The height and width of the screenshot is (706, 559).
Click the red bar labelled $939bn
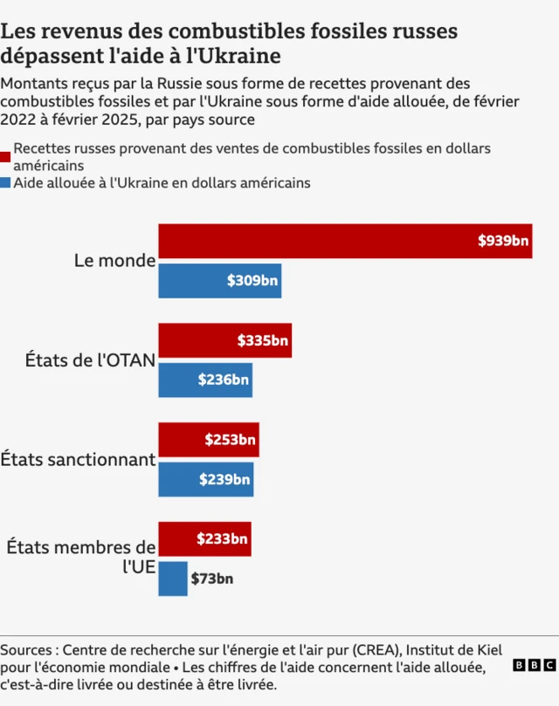pyautogui.click(x=345, y=241)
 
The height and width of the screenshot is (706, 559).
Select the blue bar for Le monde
pyautogui.click(x=219, y=281)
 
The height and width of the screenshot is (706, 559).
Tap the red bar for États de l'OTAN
pyautogui.click(x=224, y=340)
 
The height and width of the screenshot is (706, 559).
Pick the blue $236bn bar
pyautogui.click(x=205, y=380)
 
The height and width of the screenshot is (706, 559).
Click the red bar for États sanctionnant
pyautogui.click(x=208, y=440)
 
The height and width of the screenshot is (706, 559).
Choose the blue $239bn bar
pyautogui.click(x=205, y=479)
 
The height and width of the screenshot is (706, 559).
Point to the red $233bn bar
pyautogui.click(x=204, y=539)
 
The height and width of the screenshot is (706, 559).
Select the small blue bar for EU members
pyautogui.click(x=172, y=579)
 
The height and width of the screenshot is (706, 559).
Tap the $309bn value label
pyautogui.click(x=252, y=281)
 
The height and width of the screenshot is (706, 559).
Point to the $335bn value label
pyautogui.click(x=262, y=340)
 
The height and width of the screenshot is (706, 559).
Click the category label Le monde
pyautogui.click(x=114, y=261)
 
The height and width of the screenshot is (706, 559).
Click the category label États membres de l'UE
pyautogui.click(x=81, y=558)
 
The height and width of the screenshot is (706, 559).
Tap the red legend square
pyautogui.click(x=6, y=156)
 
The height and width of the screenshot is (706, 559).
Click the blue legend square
pyautogui.click(x=6, y=183)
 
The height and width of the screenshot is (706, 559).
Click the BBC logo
pyautogui.click(x=533, y=665)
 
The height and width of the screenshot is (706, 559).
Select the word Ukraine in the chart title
pyautogui.click(x=241, y=57)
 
